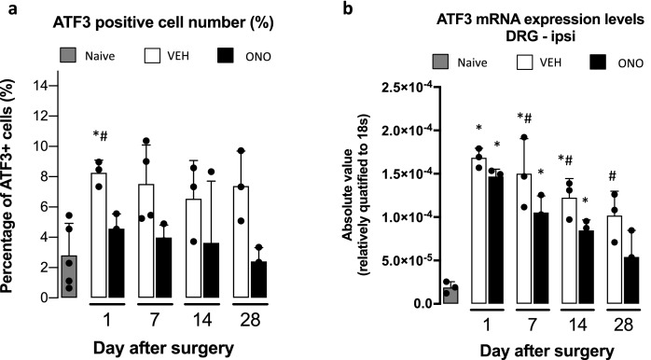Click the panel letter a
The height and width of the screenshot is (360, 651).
8,10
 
